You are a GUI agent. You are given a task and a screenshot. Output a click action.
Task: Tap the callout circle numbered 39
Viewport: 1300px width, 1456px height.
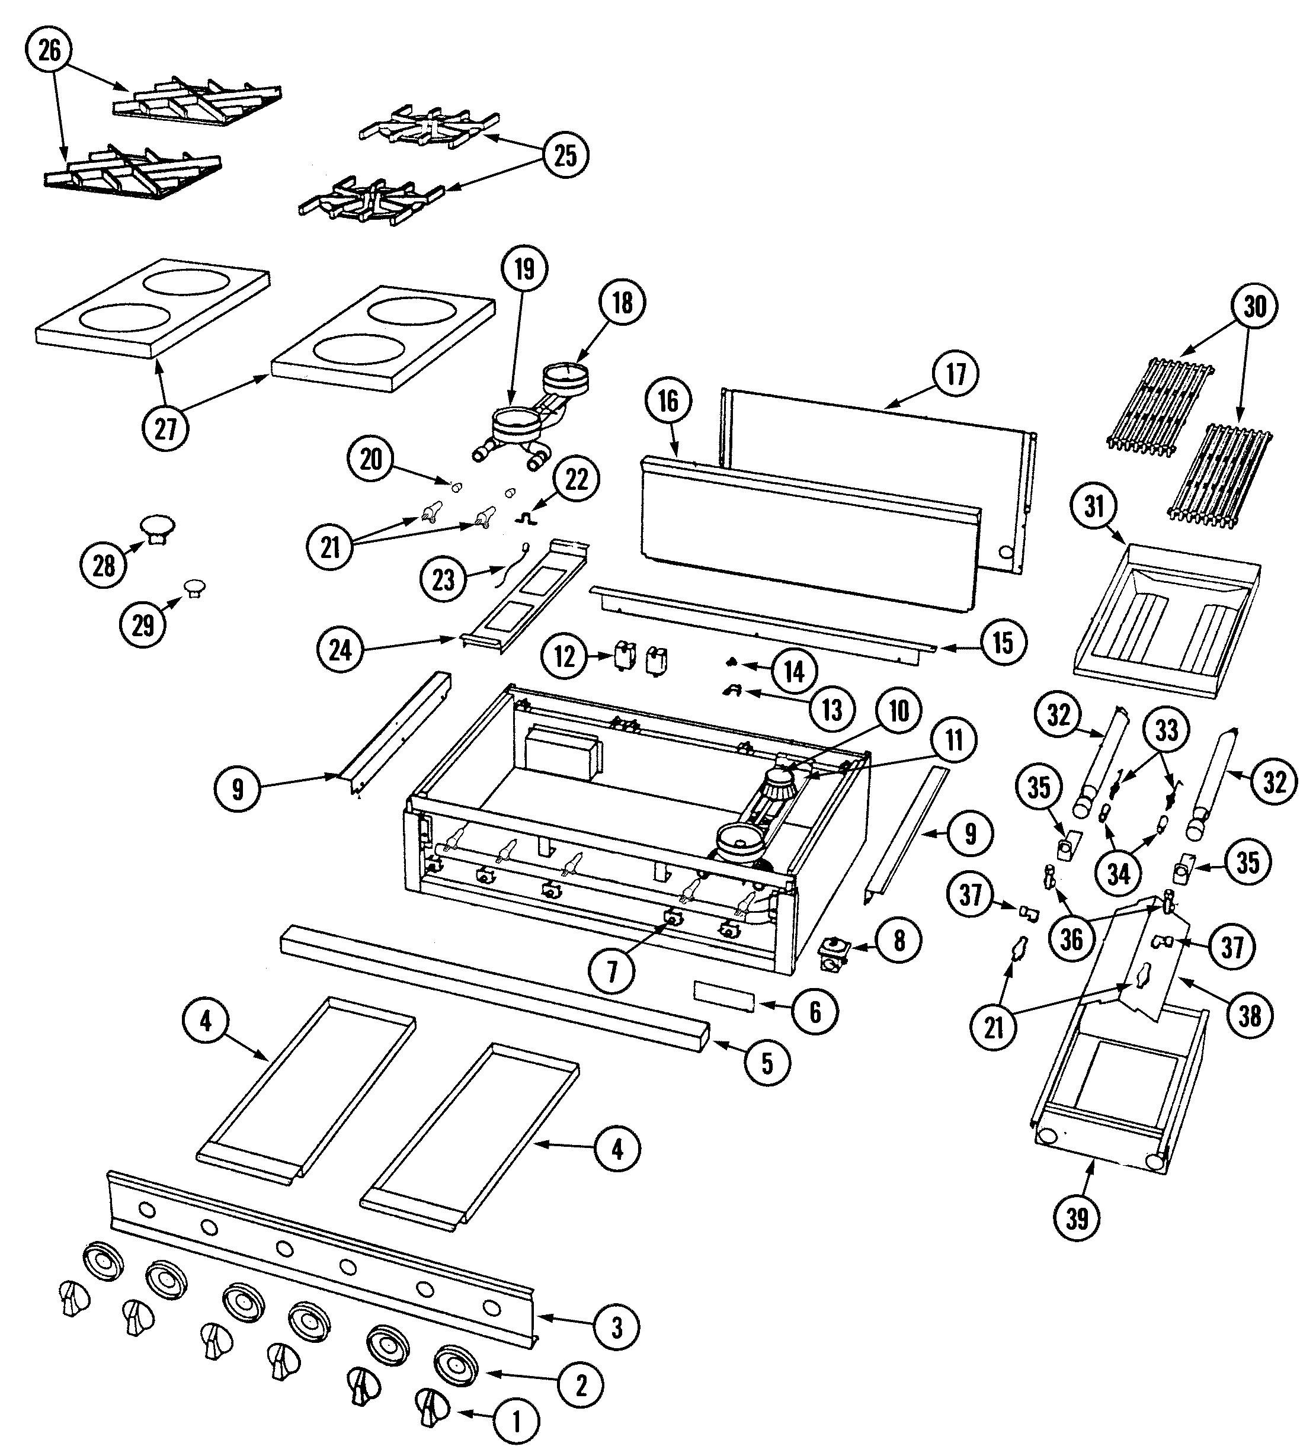click(1077, 1218)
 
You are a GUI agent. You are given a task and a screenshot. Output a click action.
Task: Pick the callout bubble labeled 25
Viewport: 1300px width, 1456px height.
click(565, 155)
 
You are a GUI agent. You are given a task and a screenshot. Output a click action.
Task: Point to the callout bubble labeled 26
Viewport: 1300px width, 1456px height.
click(49, 51)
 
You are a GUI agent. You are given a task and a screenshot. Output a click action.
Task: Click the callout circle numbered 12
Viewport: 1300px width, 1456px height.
click(564, 656)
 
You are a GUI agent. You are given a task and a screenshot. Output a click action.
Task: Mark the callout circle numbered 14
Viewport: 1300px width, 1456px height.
click(795, 671)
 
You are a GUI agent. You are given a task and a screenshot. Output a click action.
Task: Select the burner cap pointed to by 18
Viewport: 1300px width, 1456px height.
click(566, 373)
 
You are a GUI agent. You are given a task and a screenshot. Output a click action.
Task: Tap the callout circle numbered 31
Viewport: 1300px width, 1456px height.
click(1094, 506)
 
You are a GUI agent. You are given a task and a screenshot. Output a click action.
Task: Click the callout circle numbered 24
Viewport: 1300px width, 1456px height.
click(340, 650)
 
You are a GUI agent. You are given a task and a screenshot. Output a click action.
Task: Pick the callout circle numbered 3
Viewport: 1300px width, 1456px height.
click(616, 1327)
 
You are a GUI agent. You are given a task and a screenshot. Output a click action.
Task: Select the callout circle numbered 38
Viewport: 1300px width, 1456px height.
click(1249, 1015)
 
